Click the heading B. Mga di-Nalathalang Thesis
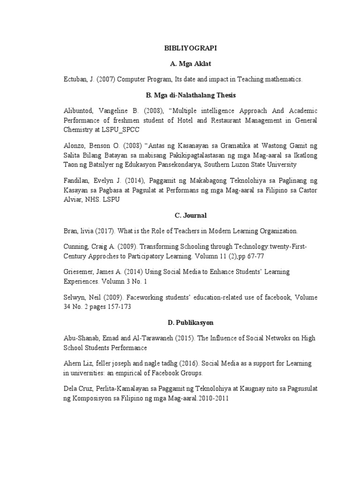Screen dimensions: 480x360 pyautogui.click(x=190, y=95)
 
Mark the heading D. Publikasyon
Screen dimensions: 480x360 pyautogui.click(x=190, y=322)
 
